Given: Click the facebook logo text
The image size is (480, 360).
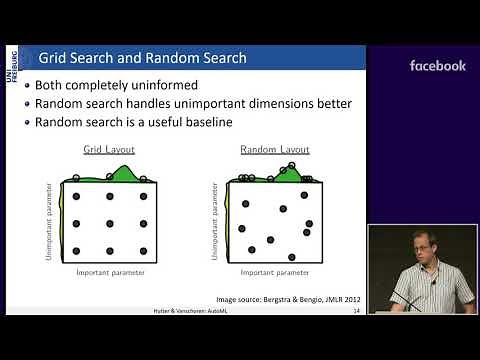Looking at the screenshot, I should click(x=437, y=66).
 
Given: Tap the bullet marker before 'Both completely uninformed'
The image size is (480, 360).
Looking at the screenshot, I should click(x=27, y=85).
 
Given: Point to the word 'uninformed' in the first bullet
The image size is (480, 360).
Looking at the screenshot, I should click(x=200, y=85).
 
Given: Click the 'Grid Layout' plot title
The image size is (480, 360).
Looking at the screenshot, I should click(x=108, y=150).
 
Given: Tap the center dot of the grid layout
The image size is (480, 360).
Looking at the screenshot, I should click(x=109, y=224).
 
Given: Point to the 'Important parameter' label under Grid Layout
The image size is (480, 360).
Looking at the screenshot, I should click(x=109, y=271).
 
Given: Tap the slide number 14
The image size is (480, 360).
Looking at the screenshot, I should click(x=357, y=311).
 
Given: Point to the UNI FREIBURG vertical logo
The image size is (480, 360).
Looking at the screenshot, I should click(x=11, y=76).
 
